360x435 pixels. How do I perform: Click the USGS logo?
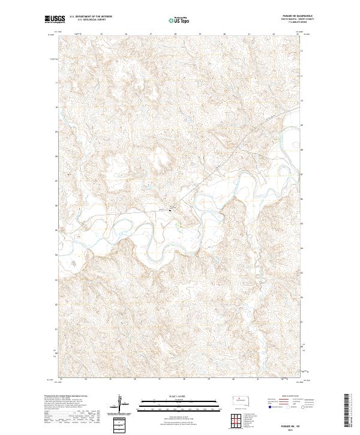click(55, 20)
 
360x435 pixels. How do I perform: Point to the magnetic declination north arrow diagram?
click(119, 404)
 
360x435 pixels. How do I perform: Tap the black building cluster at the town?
click(174, 209)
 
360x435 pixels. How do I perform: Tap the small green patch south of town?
click(179, 225)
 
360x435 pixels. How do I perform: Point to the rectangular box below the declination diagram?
click(119, 424)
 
